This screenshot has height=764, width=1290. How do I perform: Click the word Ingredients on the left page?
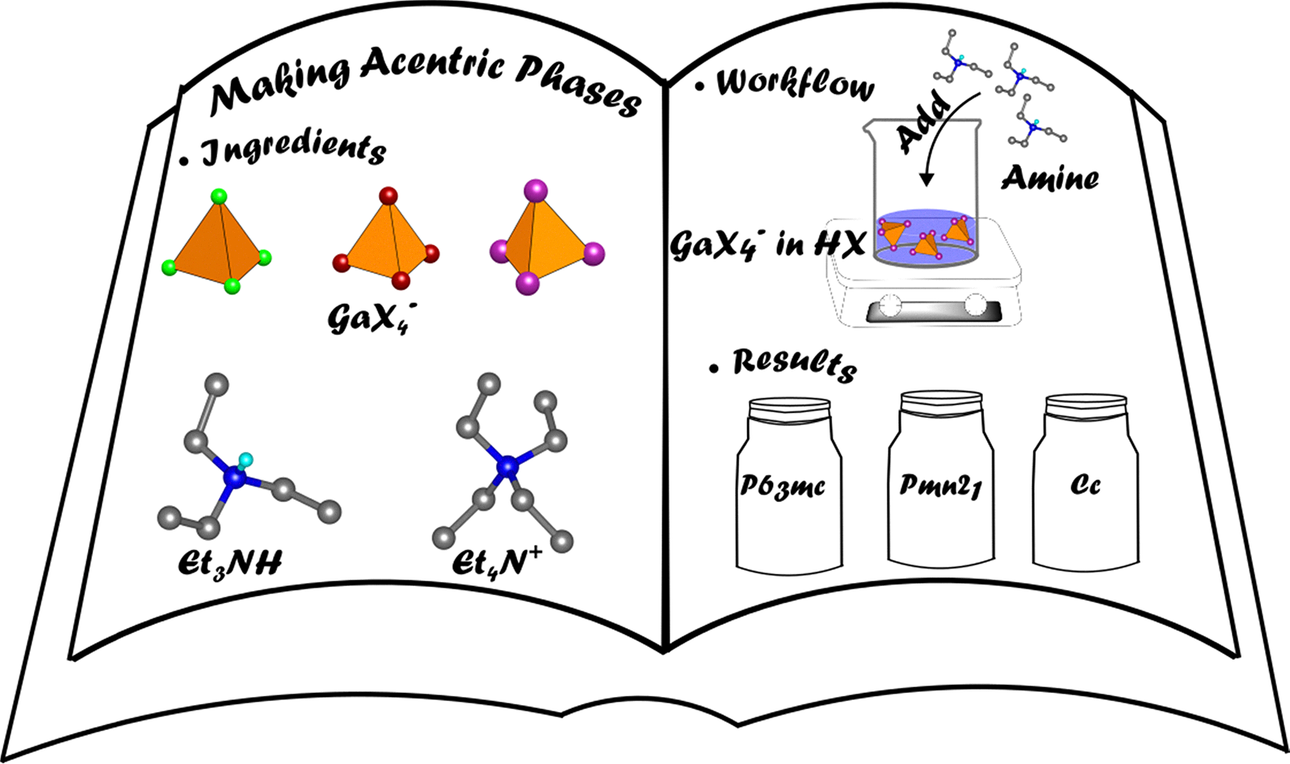294,150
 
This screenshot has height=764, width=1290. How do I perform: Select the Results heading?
794,365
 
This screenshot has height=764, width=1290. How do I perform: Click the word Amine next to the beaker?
1050,178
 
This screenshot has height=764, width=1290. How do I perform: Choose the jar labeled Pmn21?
941,479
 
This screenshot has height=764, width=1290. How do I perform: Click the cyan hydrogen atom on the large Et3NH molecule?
246,459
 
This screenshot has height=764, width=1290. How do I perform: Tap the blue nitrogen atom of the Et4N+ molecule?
506,466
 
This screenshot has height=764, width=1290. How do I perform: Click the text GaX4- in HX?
768,245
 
